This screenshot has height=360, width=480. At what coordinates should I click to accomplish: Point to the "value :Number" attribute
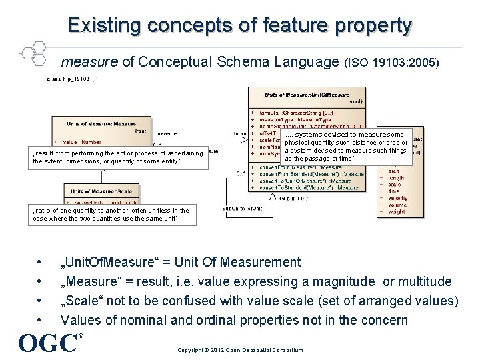coord(83,142)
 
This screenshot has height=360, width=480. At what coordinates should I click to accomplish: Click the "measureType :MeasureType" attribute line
coord(293,120)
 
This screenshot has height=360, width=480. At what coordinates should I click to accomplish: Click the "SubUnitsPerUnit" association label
coord(241,208)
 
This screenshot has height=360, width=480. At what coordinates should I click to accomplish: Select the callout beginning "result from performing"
coord(117,157)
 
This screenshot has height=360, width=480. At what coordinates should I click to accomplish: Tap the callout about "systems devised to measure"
coord(346,147)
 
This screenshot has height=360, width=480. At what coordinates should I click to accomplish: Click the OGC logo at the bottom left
coord(49,342)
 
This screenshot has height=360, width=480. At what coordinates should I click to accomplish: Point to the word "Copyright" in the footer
coord(191,350)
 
